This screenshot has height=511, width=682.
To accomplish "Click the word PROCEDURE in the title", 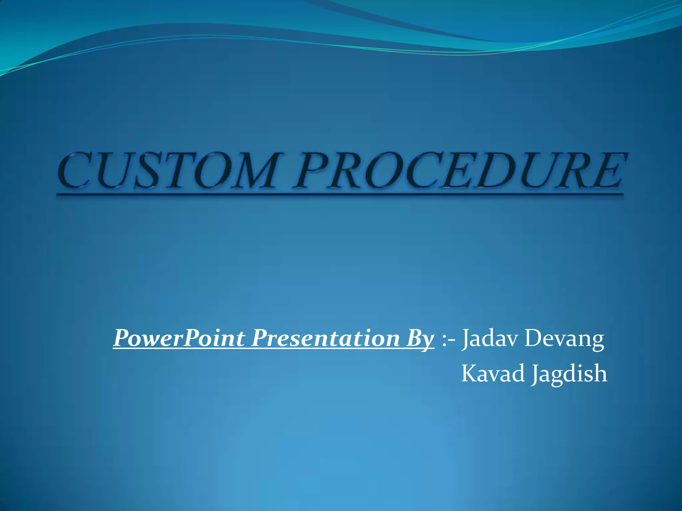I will (x=460, y=170).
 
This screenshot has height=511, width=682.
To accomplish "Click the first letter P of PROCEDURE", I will (x=318, y=170).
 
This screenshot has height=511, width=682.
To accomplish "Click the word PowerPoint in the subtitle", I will (x=179, y=339).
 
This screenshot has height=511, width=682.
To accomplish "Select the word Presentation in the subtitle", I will (x=325, y=339).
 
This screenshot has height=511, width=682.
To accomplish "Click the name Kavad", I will (x=493, y=373).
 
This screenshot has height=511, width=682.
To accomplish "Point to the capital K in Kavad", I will (x=470, y=373).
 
